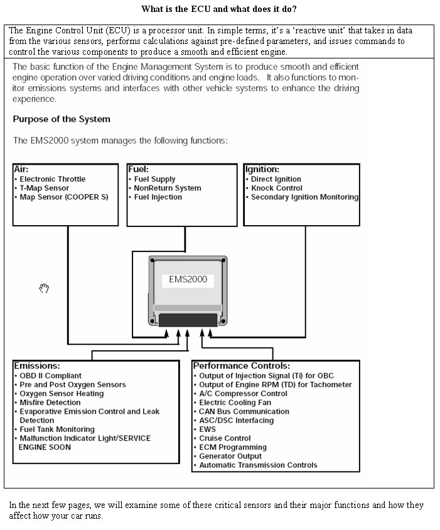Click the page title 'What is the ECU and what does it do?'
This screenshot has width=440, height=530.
[x=219, y=9]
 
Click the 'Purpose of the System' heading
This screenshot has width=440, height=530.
[x=62, y=119]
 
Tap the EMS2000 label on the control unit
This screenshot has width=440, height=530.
[x=188, y=279]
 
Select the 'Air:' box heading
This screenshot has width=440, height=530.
[x=21, y=169]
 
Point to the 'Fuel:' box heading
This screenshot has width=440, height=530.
[x=138, y=169]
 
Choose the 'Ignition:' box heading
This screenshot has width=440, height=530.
[x=262, y=169]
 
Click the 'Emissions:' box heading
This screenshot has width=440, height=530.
[x=37, y=366]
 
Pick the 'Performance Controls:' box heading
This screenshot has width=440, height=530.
[x=242, y=366]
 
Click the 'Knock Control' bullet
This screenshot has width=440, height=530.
[x=277, y=188]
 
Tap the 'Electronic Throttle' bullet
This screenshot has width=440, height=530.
[x=53, y=179]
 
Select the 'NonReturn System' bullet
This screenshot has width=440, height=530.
[x=168, y=188]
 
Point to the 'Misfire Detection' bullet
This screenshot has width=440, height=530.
[x=50, y=402]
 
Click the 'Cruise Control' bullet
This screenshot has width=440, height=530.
[x=225, y=438]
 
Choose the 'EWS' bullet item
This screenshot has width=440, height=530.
[x=208, y=429]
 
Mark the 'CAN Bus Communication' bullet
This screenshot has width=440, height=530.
[x=244, y=411]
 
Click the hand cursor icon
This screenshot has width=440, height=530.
[x=44, y=288]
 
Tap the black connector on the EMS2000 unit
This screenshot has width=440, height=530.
[x=188, y=320]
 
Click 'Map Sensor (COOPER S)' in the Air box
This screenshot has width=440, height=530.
[x=64, y=197]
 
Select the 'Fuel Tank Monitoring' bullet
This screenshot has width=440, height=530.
[x=57, y=429]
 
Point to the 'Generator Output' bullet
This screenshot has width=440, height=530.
[x=230, y=456]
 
